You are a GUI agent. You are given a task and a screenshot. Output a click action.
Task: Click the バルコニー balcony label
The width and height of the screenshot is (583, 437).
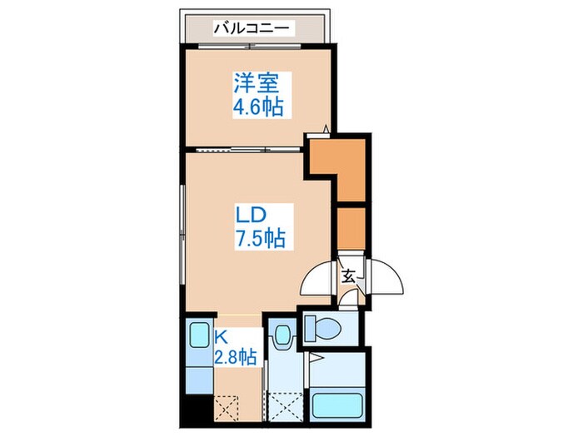(252, 28)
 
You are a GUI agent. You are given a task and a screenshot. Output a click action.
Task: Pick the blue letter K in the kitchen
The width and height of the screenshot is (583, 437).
(222, 337)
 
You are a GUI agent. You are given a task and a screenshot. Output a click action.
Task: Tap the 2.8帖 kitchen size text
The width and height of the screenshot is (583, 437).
(236, 358)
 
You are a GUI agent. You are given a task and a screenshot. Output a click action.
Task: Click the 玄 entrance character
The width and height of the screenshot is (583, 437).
(348, 276)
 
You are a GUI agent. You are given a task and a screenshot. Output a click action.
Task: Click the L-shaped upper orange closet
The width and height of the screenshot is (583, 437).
(345, 166)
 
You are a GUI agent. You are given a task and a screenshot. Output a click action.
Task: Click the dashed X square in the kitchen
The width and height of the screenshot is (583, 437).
(227, 408)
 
